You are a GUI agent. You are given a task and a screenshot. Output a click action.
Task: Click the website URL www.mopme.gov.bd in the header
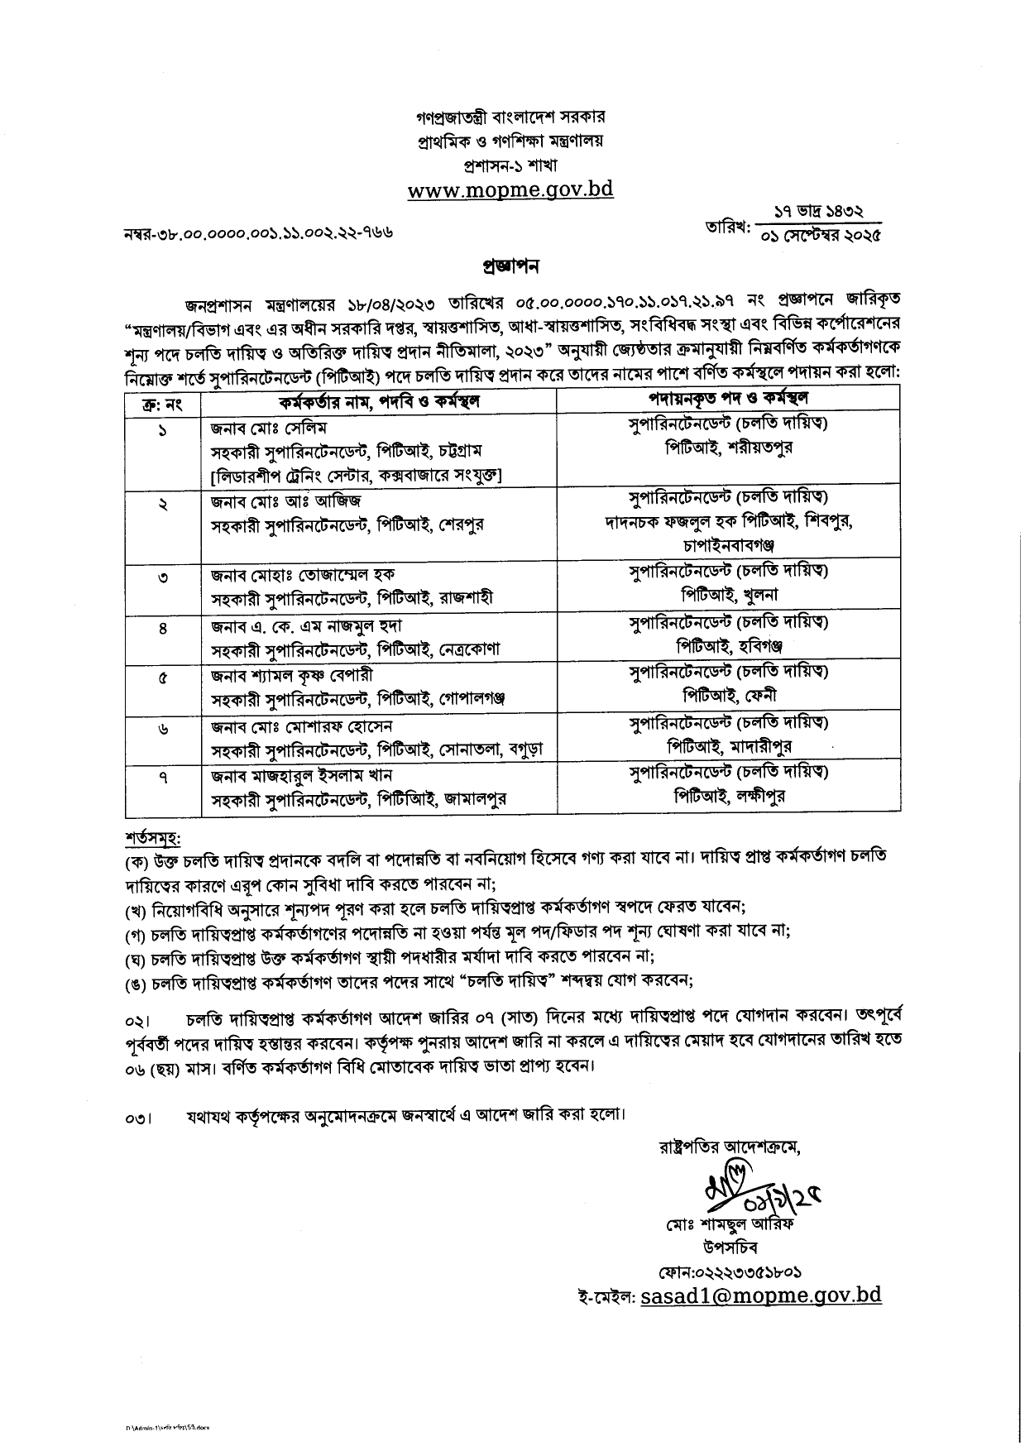510,189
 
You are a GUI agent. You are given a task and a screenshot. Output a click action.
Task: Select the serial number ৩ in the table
163,577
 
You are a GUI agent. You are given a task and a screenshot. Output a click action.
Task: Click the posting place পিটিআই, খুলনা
729,595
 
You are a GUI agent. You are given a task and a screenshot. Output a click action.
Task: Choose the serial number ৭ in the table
163,778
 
